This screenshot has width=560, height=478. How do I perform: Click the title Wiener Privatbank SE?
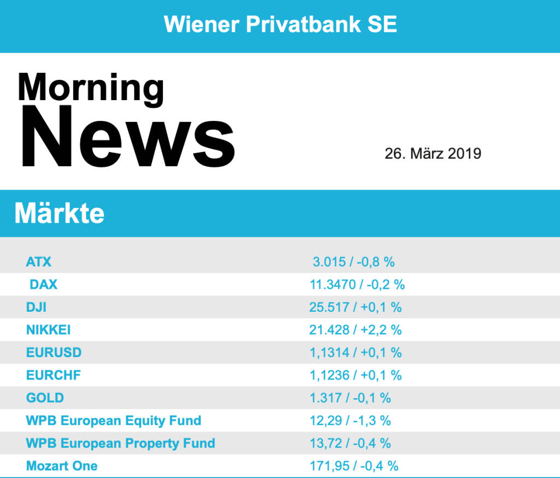280,24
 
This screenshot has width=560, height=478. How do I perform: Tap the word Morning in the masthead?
91,88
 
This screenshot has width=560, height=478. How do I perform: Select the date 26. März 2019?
433,153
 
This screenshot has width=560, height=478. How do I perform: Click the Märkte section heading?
59,213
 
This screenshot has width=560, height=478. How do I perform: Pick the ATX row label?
38,261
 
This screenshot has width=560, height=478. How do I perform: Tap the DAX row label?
43,284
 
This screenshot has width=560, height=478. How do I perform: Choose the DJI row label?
36,307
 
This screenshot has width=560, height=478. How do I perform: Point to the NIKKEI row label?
48,330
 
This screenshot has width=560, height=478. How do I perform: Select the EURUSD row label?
54,353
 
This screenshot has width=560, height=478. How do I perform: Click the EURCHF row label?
54,375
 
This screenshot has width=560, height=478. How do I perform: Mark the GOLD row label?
45,398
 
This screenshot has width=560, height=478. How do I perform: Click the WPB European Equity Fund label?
113,421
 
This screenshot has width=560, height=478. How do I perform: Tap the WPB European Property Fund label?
120,443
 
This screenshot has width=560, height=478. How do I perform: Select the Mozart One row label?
62,466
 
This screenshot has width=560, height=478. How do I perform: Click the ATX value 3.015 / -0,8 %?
353,261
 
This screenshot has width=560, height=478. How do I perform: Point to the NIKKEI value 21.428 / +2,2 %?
355,330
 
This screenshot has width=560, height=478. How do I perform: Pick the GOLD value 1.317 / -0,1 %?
350,398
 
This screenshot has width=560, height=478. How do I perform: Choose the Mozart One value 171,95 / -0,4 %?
354,466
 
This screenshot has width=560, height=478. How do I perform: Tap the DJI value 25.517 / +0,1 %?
355,307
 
